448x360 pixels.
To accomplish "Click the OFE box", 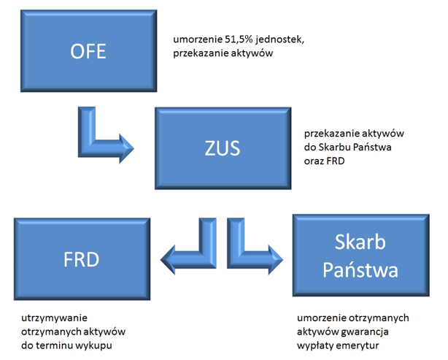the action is click(88, 51).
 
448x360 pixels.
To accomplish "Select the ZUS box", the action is click(223, 148).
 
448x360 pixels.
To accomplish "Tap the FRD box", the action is click(82, 259).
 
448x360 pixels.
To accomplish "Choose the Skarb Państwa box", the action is click(361, 256).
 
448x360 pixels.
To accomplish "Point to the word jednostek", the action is click(280, 39).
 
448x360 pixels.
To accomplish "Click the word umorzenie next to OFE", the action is click(198, 39).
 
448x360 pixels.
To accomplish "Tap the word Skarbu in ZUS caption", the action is click(334, 148).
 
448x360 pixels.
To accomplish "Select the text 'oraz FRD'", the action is click(324, 161).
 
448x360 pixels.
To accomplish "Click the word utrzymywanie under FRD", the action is click(54, 318).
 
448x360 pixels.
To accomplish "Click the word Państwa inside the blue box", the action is click(360, 269).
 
